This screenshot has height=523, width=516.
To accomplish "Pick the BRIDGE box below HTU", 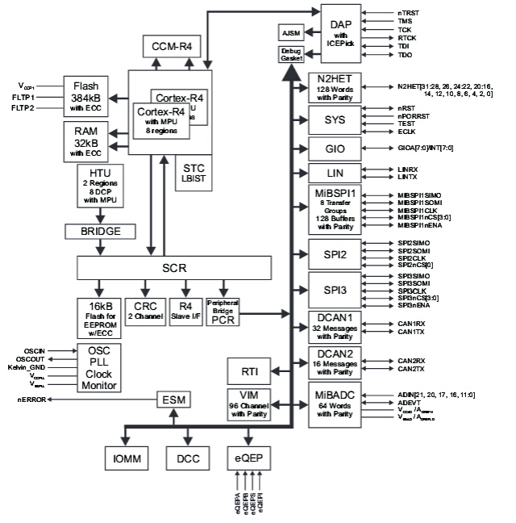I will pyautogui.click(x=100, y=231).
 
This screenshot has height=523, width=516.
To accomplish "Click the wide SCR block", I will pyautogui.click(x=170, y=268).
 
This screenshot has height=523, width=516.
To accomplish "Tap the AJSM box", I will pyautogui.click(x=289, y=33).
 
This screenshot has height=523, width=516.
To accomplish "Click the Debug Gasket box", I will pyautogui.click(x=290, y=56).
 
